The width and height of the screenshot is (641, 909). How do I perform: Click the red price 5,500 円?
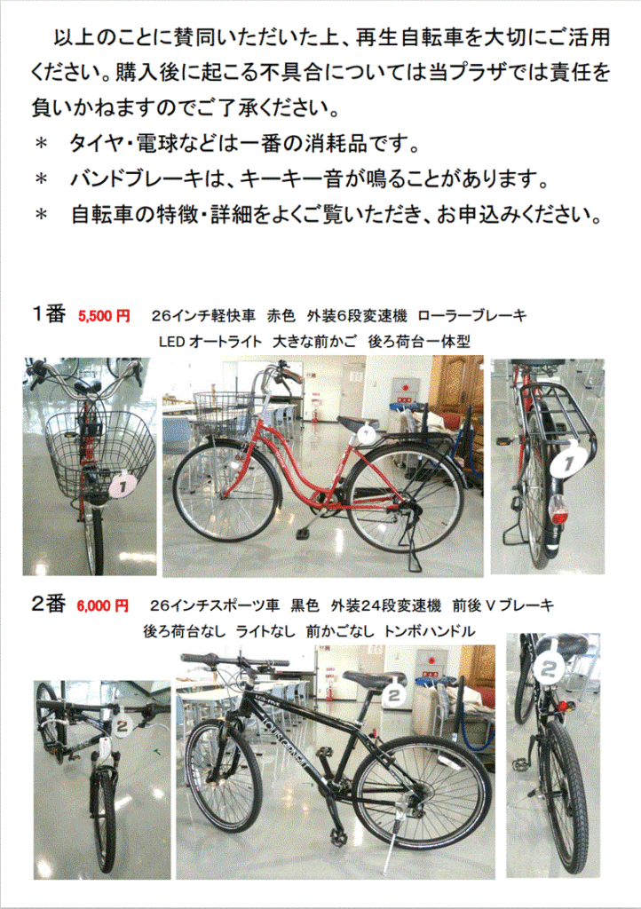click(105, 316)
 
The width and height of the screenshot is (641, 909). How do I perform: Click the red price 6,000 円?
click(103, 605)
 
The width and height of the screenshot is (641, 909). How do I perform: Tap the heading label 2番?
click(48, 604)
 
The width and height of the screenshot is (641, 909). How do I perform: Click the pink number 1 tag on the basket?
click(123, 486)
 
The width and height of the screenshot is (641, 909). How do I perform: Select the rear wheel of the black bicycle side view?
click(422, 794)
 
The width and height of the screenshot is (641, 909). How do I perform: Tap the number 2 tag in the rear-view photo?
click(549, 669)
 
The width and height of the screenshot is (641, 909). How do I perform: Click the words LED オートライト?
click(210, 342)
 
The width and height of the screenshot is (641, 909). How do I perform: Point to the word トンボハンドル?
click(430, 631)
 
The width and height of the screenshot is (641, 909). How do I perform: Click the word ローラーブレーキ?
click(471, 316)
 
